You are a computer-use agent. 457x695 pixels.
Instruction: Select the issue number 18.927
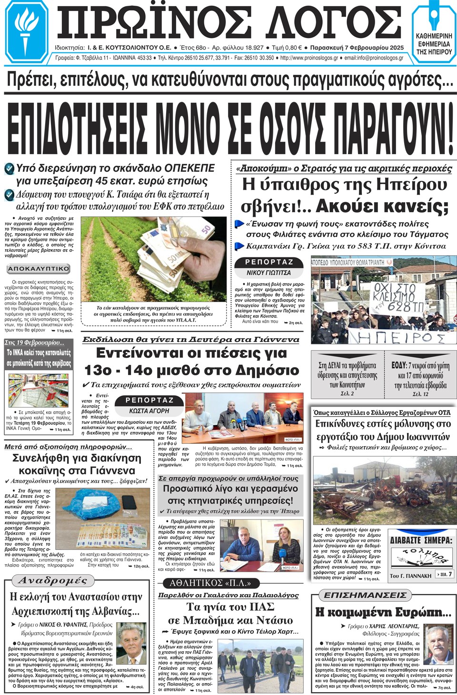(250, 48)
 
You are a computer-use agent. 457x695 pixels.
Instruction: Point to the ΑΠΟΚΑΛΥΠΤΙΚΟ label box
(39, 269)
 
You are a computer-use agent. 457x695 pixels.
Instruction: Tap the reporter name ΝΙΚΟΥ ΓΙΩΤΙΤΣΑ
(268, 273)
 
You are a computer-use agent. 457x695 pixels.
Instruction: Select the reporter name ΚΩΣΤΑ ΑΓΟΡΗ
(149, 411)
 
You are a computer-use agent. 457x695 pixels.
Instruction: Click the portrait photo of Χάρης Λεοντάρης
(438, 646)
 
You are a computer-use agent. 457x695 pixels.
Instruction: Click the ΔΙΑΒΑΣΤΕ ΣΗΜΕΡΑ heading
(420, 540)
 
